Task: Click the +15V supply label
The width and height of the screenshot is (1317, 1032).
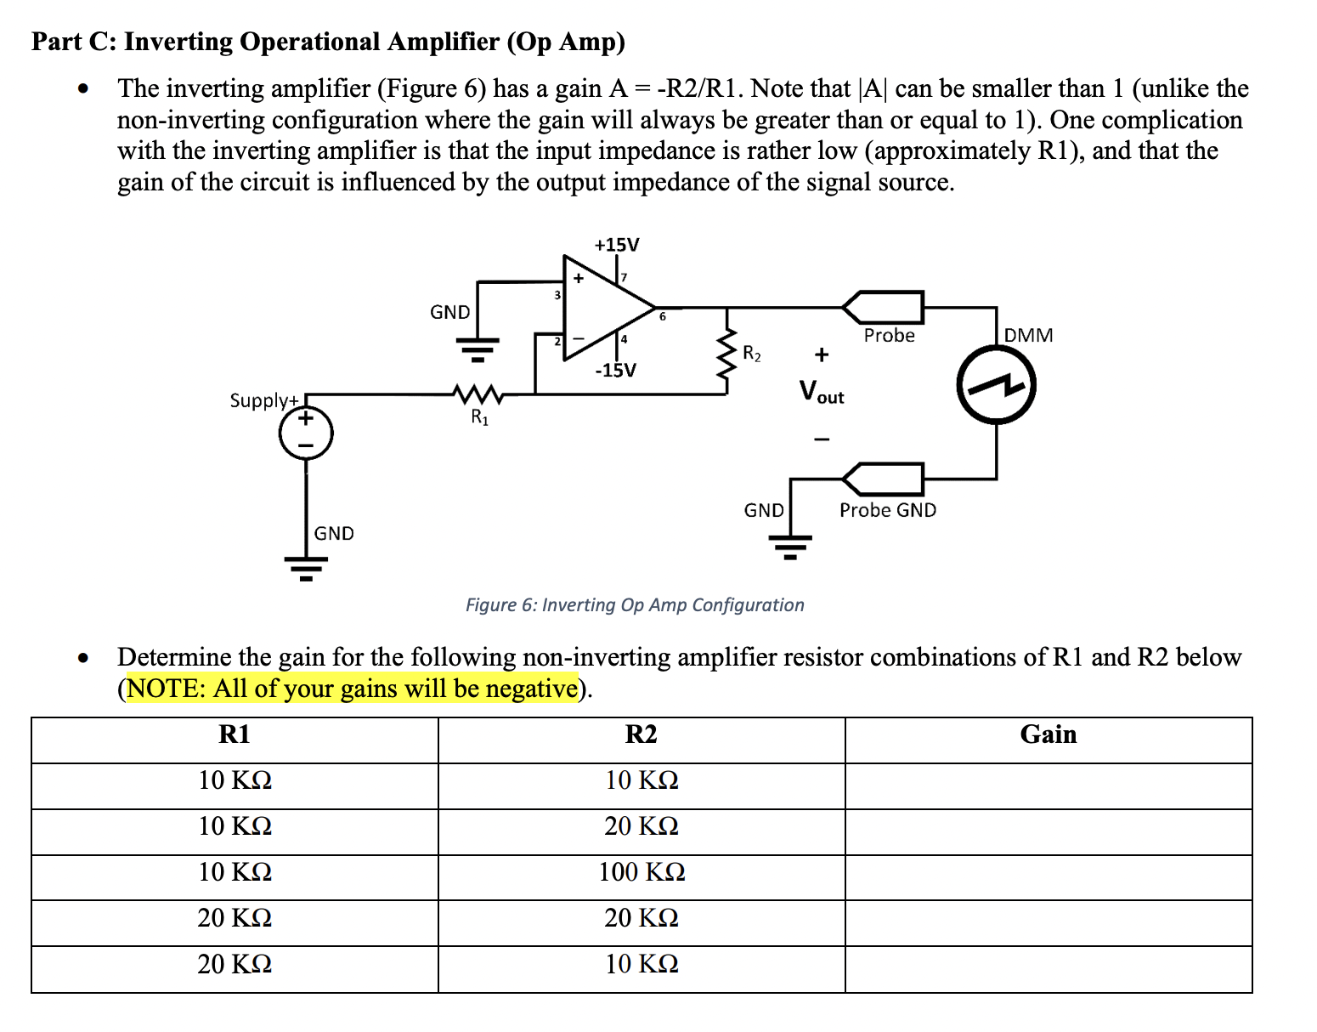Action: tap(616, 245)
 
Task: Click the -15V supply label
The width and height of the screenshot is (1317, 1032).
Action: tap(615, 371)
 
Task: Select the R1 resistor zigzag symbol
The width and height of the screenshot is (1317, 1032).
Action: tap(479, 394)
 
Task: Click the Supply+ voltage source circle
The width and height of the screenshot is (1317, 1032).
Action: tap(306, 434)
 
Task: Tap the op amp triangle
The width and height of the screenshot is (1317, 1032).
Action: tap(603, 307)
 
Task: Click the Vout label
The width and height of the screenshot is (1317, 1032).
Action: tap(821, 393)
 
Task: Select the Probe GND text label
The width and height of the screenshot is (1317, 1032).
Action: tap(887, 510)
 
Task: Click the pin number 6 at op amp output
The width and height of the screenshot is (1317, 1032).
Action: tap(663, 317)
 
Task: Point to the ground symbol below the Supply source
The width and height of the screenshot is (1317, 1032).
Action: tap(306, 566)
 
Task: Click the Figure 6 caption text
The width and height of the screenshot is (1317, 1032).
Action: tap(634, 605)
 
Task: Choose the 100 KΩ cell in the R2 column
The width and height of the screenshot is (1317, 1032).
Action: tap(642, 872)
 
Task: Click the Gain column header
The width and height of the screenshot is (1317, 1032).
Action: tap(1048, 734)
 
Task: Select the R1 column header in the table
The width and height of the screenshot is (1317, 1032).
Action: tap(235, 734)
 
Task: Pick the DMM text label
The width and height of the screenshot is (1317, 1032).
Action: tap(1028, 335)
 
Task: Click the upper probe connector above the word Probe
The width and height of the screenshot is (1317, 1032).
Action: tap(884, 306)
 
